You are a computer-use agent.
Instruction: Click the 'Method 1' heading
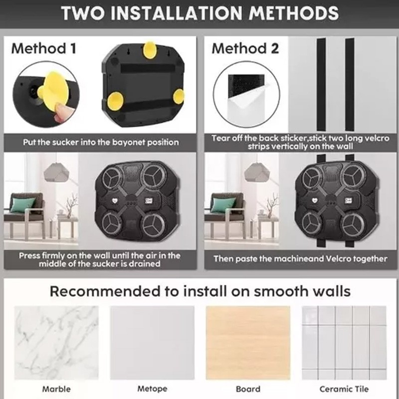(x=44, y=48)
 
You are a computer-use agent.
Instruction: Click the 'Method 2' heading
(x=245, y=48)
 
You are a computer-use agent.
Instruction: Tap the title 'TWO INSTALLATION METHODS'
(x=200, y=13)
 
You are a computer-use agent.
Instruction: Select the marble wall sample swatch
(x=56, y=343)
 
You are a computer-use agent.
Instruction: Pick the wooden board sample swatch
(x=248, y=343)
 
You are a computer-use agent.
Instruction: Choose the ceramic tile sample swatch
(x=344, y=343)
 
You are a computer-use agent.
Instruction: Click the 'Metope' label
(x=152, y=389)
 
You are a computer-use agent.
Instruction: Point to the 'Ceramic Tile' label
(x=344, y=389)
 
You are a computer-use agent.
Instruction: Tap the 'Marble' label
(x=56, y=389)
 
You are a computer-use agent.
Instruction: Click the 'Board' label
(x=248, y=389)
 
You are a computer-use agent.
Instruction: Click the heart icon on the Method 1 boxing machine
(x=115, y=200)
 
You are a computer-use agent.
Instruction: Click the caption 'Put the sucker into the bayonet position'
(x=101, y=142)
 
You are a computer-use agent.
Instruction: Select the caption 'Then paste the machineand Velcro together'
(x=301, y=259)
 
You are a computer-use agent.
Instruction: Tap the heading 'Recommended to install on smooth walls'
(x=200, y=291)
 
